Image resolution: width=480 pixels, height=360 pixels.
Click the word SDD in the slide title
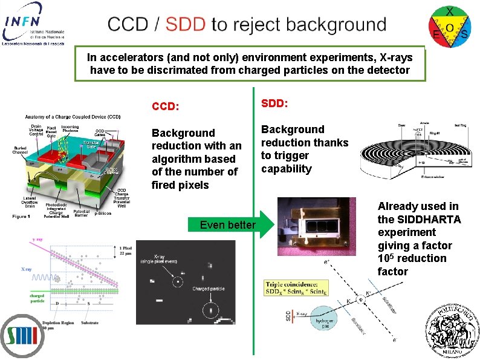(185, 25)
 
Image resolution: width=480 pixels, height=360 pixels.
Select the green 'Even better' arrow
(233, 225)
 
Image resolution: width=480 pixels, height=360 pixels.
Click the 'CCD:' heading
(165, 107)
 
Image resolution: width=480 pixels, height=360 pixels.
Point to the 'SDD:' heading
(274, 103)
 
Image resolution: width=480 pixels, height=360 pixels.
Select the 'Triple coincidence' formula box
(296, 288)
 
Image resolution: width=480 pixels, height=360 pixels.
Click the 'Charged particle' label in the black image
(209, 289)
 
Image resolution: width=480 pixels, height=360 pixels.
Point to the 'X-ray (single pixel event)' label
(177, 261)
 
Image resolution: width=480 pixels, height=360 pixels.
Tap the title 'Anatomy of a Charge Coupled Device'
(73, 117)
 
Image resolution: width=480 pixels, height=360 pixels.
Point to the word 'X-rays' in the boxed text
(396, 57)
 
